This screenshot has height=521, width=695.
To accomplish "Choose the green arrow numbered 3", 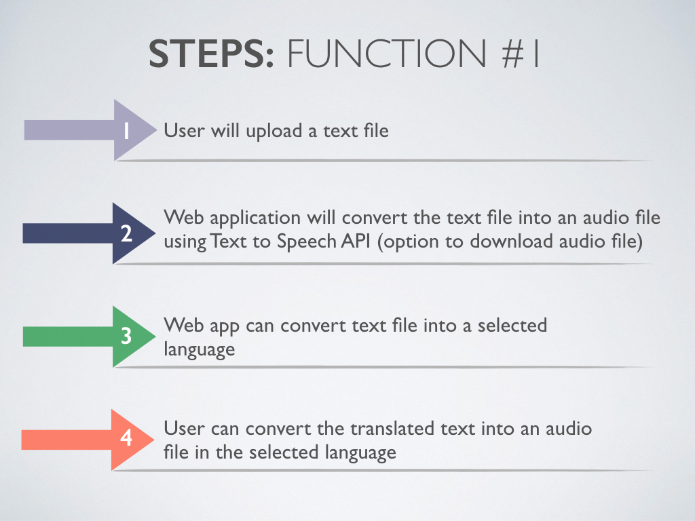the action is [95, 336].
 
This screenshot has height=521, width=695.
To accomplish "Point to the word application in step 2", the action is [250, 218].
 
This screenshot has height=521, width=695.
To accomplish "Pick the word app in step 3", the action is [223, 326].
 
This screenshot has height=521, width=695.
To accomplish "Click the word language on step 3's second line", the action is [200, 350].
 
